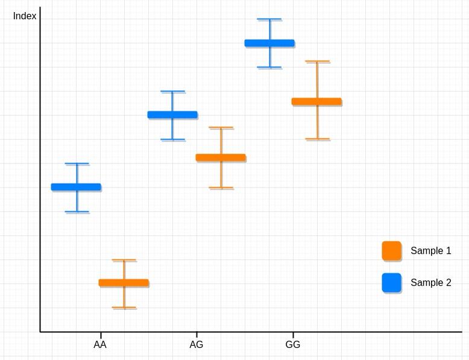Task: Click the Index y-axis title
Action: point(25,16)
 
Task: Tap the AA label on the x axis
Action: point(100,345)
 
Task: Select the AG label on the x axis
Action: point(197,345)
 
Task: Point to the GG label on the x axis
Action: point(292,345)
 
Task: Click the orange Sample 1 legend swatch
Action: point(391,251)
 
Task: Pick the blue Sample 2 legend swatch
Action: point(391,283)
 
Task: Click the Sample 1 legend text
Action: point(430,251)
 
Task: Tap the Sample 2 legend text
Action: point(430,283)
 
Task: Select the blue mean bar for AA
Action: point(76,187)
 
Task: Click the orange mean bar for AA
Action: point(124,283)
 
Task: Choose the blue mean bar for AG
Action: point(172,115)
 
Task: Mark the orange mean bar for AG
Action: point(221,157)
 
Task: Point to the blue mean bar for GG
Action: point(269,43)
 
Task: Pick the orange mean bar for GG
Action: point(316,101)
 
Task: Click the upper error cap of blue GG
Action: point(269,19)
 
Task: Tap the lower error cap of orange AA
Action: point(124,308)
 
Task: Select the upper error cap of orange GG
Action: point(317,62)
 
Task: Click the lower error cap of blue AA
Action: point(77,212)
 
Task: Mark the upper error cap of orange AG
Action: point(221,128)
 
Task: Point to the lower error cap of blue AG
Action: point(172,140)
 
